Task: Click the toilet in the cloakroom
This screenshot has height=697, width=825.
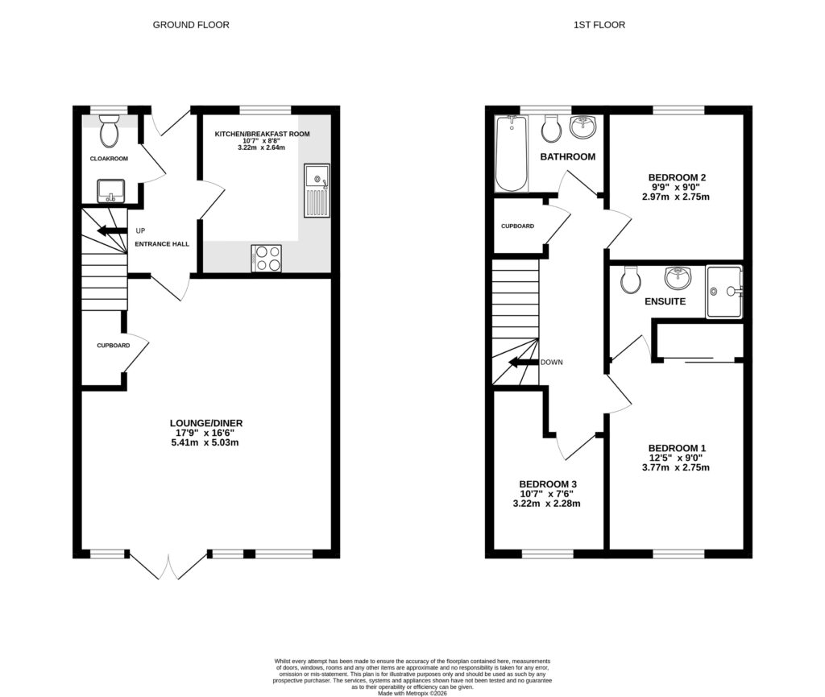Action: [109, 131]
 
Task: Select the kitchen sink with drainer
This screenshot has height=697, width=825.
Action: [316, 190]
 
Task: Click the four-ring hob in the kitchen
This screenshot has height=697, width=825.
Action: [267, 258]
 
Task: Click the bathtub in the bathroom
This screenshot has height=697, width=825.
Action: [510, 153]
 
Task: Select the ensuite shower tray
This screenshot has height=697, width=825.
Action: [723, 291]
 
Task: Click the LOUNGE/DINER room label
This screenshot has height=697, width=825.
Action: [206, 423]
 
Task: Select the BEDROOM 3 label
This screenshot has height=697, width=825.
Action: [548, 484]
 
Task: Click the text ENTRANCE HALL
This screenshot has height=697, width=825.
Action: [162, 244]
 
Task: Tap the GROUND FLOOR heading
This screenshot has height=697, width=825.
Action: [191, 25]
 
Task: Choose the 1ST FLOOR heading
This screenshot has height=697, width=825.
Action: [599, 25]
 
